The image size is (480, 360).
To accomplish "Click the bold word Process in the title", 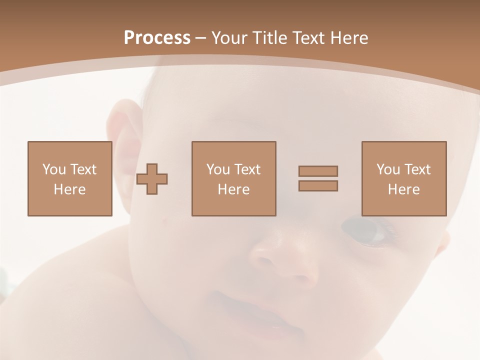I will (x=157, y=38).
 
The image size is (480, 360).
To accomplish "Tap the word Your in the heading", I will (x=229, y=38).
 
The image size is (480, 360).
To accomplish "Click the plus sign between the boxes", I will (x=152, y=178).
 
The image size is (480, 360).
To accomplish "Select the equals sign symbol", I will (x=318, y=178).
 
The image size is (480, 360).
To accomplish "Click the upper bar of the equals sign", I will (x=318, y=171).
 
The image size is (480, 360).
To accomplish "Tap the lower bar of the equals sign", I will (x=318, y=186).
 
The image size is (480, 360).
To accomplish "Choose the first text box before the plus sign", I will (x=69, y=178).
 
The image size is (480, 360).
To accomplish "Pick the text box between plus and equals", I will (x=233, y=178).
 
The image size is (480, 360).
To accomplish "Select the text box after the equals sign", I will (x=404, y=178).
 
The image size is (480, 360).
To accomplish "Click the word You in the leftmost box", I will (x=53, y=169).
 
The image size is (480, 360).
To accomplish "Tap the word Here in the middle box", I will (x=233, y=189).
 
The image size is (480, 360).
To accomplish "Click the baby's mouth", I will (x=250, y=312).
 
